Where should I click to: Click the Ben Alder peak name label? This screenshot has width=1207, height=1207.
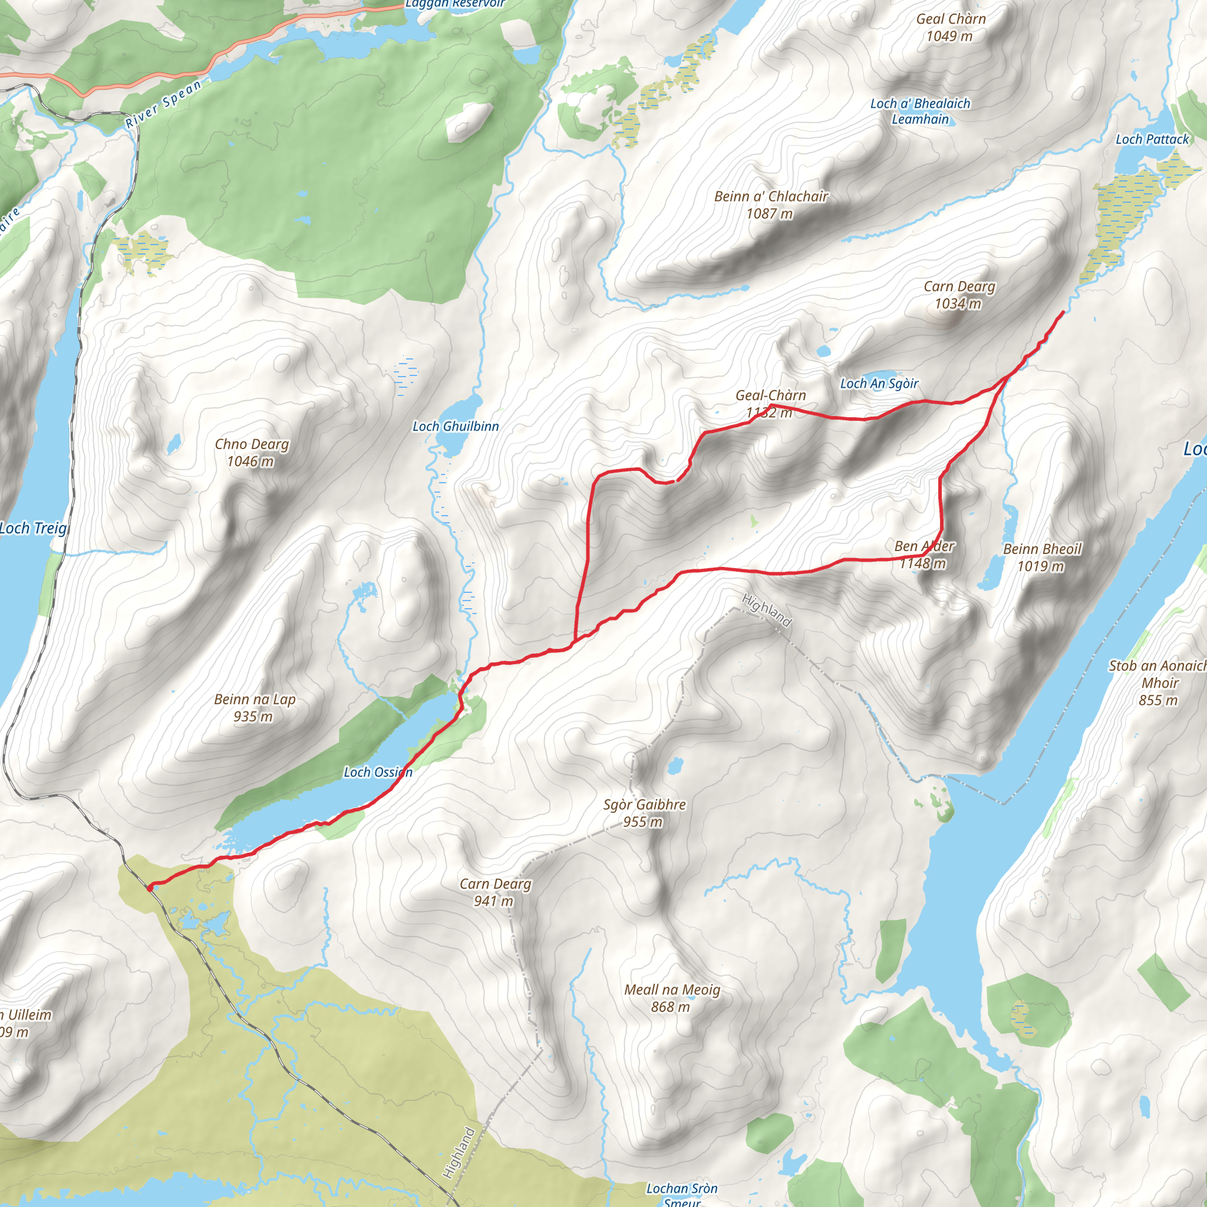(924, 546)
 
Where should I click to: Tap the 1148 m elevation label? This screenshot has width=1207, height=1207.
(923, 563)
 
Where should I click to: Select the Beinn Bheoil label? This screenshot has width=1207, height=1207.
(1042, 549)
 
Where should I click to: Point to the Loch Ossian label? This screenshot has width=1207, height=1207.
(378, 772)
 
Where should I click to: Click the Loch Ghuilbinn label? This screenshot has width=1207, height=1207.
(456, 426)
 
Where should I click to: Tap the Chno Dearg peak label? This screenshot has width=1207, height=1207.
(252, 444)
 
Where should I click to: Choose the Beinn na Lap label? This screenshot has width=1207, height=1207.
(254, 699)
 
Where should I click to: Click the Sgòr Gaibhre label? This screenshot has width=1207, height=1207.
(644, 804)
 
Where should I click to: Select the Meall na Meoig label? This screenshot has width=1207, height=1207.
(672, 990)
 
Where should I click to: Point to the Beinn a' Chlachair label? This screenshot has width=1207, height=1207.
(771, 196)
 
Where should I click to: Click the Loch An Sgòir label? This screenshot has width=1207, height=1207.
(879, 384)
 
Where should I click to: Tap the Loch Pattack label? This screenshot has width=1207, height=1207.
(1152, 139)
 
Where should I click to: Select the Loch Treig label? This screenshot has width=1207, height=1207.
(33, 529)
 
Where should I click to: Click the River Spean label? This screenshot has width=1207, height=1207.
(164, 104)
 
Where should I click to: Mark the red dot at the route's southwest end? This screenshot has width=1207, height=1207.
(150, 888)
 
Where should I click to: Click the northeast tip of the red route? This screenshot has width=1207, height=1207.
(1063, 312)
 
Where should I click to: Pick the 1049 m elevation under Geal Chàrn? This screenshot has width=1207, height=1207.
(949, 36)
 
